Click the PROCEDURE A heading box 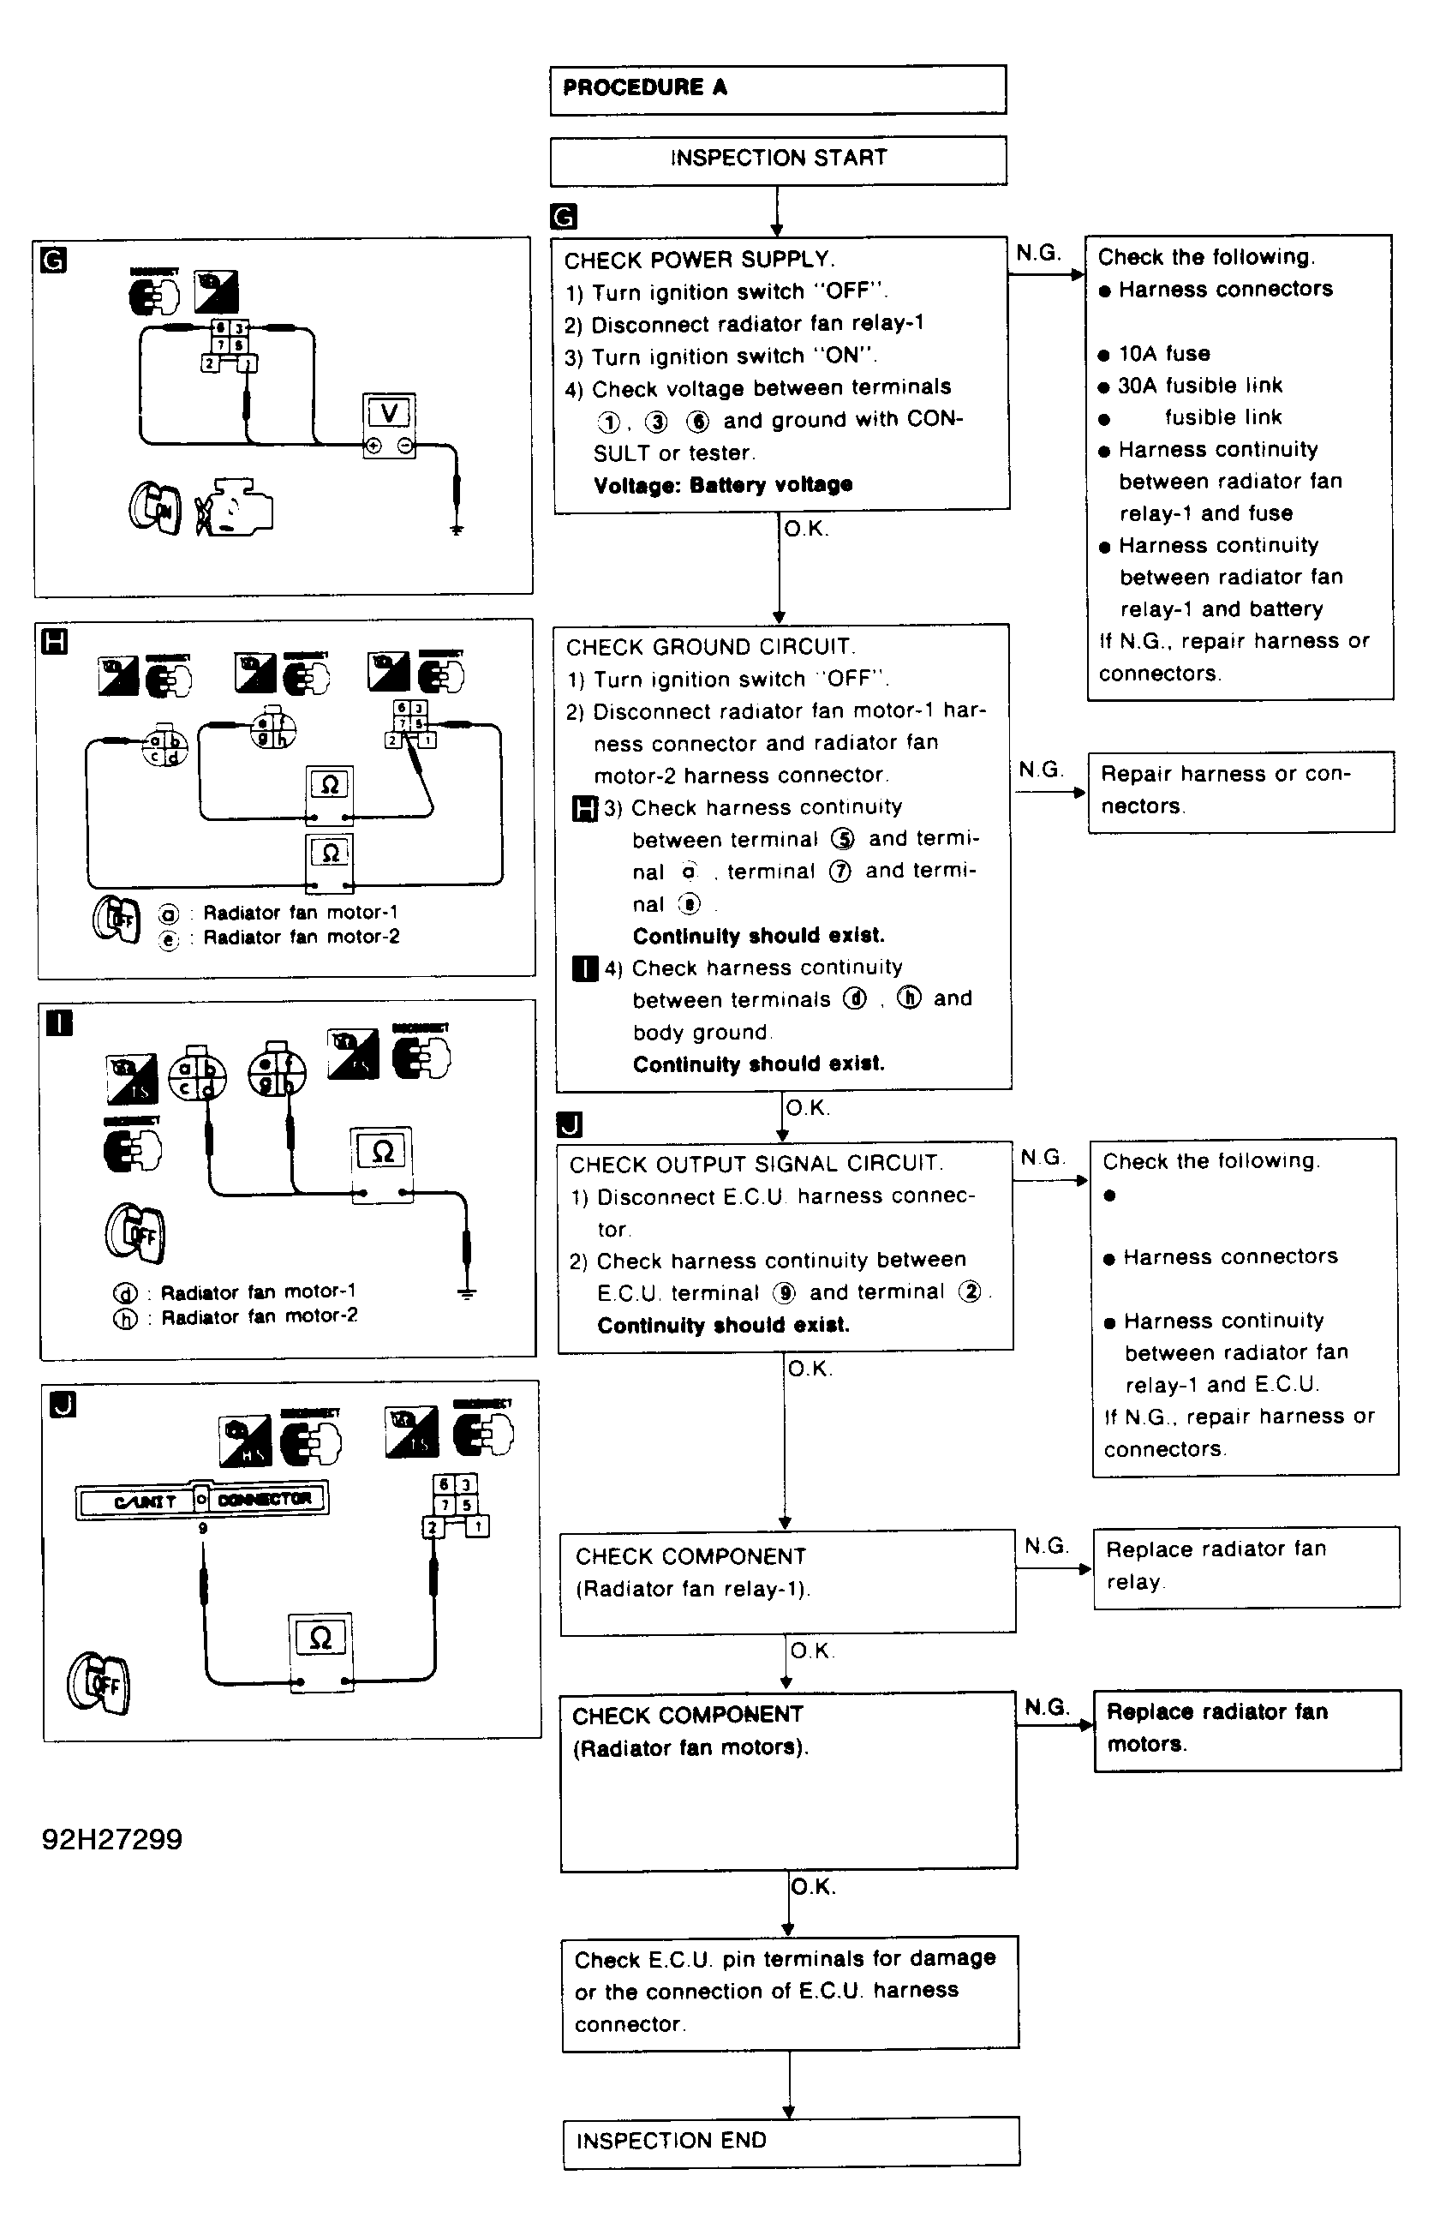coord(778,89)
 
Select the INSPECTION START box coord(778,159)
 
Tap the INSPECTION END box coord(791,2141)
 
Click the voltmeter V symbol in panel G coord(389,413)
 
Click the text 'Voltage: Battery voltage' coord(723,485)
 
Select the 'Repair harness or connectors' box coord(1240,791)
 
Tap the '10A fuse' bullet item coord(1163,354)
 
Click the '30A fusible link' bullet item coord(1199,386)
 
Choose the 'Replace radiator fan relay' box coord(1246,1567)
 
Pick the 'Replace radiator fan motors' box coord(1247,1729)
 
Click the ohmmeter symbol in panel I coord(382,1152)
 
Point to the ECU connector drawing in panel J coord(202,1500)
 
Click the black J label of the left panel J coord(63,1405)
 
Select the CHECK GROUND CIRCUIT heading coord(710,647)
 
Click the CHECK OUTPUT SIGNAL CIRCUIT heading coord(756,1164)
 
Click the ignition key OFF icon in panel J coord(99,1683)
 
